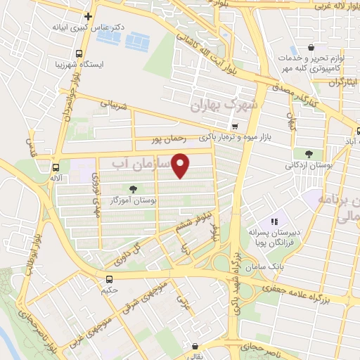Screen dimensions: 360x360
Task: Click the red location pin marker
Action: (x=181, y=165)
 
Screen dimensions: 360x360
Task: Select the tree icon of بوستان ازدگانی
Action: (x=309, y=154)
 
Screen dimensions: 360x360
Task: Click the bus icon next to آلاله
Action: (x=55, y=167)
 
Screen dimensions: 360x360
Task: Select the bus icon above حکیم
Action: (x=108, y=279)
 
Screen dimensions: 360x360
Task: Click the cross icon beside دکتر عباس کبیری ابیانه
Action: (x=87, y=16)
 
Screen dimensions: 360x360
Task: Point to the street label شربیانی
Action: (x=115, y=103)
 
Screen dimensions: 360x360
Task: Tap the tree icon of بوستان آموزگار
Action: (x=132, y=188)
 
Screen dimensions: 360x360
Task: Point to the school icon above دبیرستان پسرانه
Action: (x=274, y=221)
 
